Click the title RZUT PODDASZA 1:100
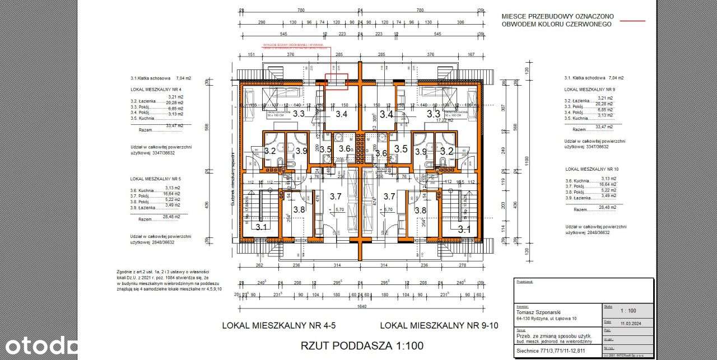coord(362,345)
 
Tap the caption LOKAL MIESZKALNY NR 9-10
coord(439,325)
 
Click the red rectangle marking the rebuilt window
coord(337,82)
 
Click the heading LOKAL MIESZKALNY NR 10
coord(592,169)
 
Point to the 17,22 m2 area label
coord(444,120)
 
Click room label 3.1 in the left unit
coord(262,228)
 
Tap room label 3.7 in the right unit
coord(389,196)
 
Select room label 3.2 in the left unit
coord(270,151)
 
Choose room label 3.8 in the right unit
coord(420,210)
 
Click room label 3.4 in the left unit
coord(341,115)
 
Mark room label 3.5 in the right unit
coord(401,149)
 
